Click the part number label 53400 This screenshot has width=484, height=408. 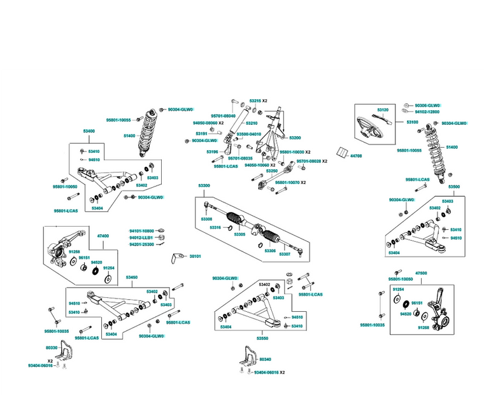click(x=89, y=130)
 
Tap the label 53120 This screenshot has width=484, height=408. click(x=383, y=110)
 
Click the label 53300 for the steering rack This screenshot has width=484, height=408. click(x=204, y=185)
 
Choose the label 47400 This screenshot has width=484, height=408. click(x=103, y=236)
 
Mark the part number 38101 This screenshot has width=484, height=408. click(x=195, y=256)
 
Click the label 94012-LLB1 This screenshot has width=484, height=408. click(x=141, y=237)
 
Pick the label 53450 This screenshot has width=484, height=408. click(x=132, y=278)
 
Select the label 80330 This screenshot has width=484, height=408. click(x=52, y=348)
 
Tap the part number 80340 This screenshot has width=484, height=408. click(x=266, y=360)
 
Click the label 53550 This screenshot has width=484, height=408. click(x=263, y=339)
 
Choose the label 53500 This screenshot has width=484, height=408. click(x=453, y=187)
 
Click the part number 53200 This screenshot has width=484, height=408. click(x=295, y=137)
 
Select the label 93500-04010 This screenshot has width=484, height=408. click(x=249, y=134)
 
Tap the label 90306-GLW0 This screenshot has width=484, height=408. click(x=427, y=106)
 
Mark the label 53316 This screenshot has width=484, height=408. click(x=215, y=227)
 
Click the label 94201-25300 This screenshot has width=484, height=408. click(x=141, y=244)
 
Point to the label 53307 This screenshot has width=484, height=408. click(x=285, y=254)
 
